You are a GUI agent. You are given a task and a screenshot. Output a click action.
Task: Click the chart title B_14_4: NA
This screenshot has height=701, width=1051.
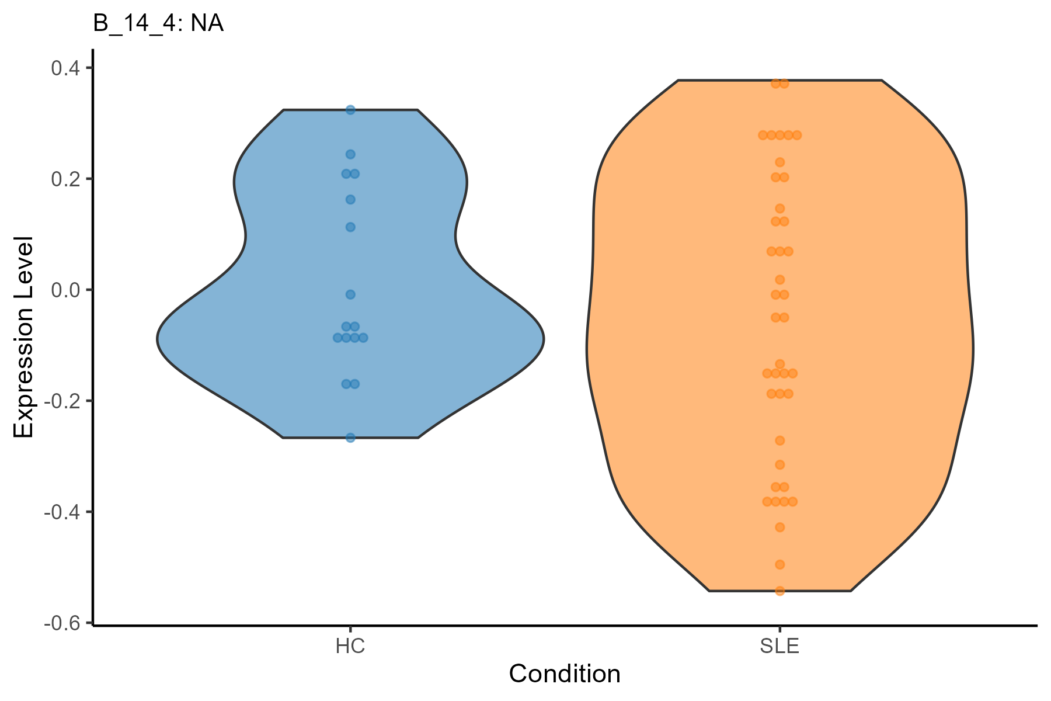[158, 25]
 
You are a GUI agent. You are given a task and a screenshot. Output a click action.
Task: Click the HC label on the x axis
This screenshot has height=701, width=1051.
[350, 647]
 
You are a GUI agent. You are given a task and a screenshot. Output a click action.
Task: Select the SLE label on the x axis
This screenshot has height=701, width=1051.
[779, 647]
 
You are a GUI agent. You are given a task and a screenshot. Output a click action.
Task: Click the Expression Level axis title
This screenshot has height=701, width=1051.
[25, 338]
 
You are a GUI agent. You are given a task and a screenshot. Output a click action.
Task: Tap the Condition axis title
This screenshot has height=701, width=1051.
[565, 674]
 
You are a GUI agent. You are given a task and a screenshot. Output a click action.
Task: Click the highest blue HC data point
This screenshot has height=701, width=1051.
[350, 110]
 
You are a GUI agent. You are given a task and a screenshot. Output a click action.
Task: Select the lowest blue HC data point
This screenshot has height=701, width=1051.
[350, 438]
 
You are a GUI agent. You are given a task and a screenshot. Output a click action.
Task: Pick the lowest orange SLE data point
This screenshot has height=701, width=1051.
[779, 591]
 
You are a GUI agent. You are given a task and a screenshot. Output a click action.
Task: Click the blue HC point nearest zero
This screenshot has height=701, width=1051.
[350, 294]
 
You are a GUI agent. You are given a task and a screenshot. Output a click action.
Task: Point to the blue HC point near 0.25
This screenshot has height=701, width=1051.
[350, 154]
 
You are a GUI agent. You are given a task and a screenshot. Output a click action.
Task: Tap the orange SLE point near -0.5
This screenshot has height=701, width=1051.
[779, 564]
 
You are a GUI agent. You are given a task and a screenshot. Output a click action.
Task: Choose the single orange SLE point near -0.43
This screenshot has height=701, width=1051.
[779, 527]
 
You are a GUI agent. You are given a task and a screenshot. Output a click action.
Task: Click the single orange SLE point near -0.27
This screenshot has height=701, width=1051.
[779, 440]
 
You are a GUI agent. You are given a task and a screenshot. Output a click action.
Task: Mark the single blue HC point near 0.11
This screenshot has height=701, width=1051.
[350, 227]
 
